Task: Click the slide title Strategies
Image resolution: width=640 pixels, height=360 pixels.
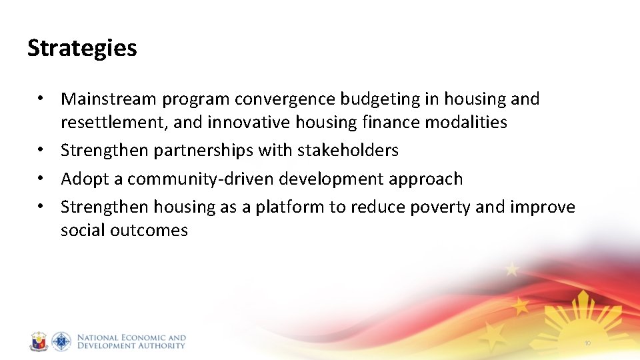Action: [82, 48]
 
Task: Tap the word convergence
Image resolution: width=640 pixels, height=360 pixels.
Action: [285, 99]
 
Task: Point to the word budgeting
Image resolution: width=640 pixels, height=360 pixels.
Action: [379, 99]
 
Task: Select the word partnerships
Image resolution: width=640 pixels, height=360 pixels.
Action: [203, 151]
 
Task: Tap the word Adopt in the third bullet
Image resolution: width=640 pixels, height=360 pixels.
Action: [82, 179]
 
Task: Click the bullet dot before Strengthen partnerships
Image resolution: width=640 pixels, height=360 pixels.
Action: [41, 151]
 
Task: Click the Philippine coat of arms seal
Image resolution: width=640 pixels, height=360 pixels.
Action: [39, 342]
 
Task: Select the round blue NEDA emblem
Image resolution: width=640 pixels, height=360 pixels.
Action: [61, 342]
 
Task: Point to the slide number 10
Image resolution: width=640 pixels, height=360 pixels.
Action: [587, 343]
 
